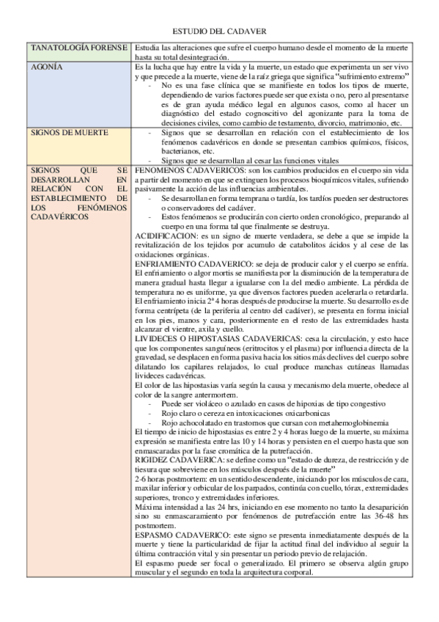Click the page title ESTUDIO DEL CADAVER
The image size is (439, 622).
point(218,32)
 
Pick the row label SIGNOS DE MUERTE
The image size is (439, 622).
point(70,133)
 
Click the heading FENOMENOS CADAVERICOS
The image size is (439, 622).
point(189,170)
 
